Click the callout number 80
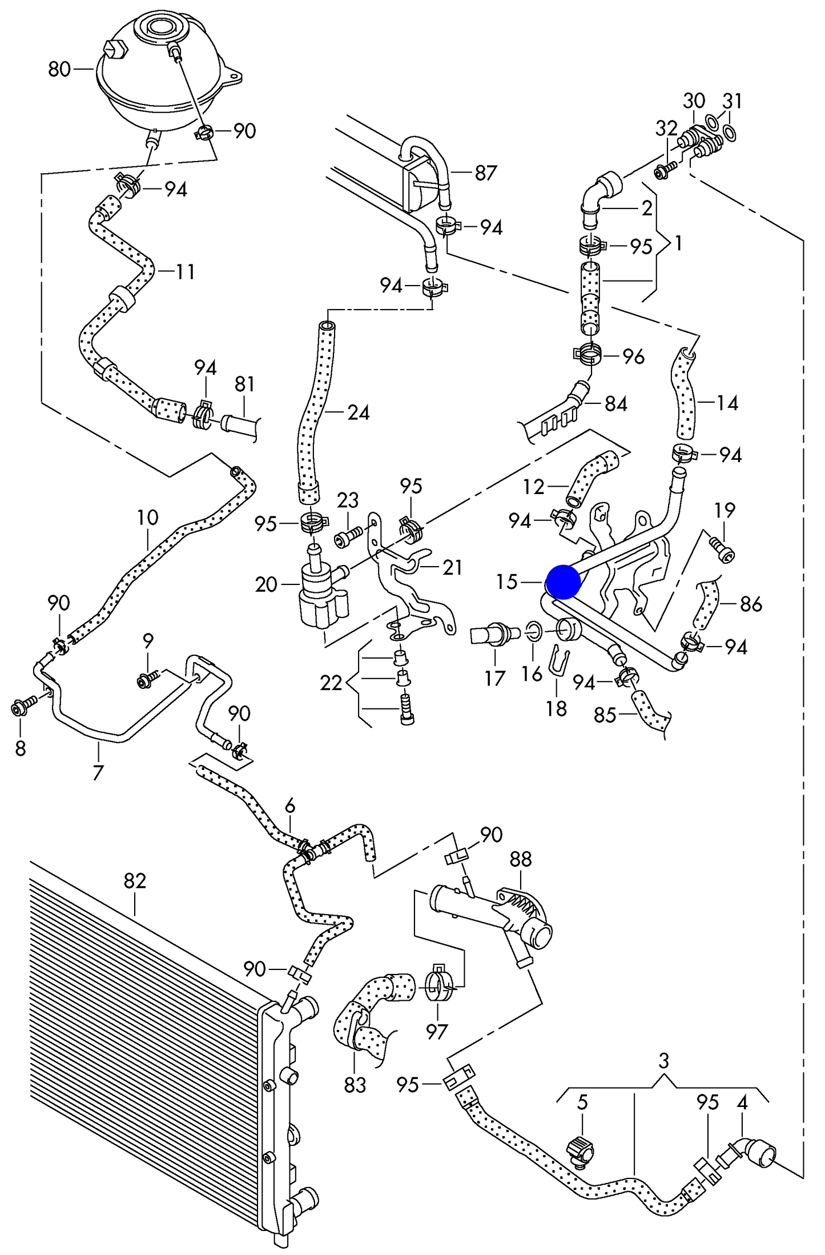59,69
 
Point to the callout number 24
359,412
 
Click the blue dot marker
564,582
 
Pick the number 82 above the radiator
135,880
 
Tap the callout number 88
520,859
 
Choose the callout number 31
732,101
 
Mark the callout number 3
663,1061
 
